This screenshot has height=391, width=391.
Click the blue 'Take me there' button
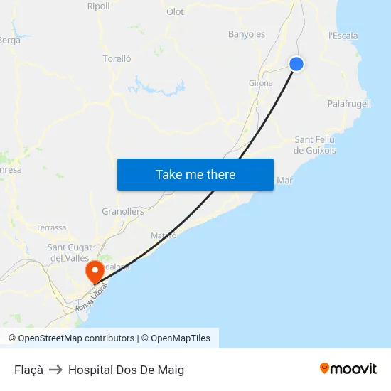click(195, 174)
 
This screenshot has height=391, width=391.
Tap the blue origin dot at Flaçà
click(296, 64)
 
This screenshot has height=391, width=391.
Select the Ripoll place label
click(98, 6)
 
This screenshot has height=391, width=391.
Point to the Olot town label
click(175, 11)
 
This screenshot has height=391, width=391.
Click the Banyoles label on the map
click(247, 34)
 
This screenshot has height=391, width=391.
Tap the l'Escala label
click(343, 36)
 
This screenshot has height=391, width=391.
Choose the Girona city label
click(261, 83)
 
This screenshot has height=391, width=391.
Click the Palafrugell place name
click(349, 104)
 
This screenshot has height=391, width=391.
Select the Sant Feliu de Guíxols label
click(315, 145)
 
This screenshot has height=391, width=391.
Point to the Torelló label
click(117, 59)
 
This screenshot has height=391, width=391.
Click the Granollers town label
click(123, 211)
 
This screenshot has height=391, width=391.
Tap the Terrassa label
click(51, 227)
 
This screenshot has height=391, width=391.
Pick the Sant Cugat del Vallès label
click(68, 252)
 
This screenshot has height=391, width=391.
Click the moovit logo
click(348, 369)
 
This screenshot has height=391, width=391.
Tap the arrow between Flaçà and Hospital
click(55, 370)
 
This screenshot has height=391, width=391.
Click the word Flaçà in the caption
click(28, 370)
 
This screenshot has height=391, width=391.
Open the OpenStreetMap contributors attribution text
click(75, 338)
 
